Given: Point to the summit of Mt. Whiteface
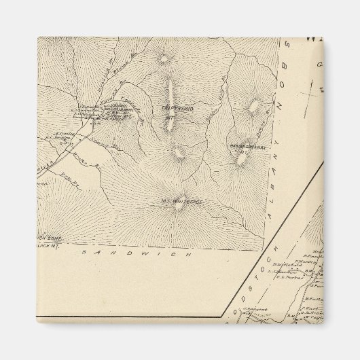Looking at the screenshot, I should (179, 206).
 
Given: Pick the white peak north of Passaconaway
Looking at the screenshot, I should (254, 106).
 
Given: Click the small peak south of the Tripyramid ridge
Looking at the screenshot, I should (178, 154).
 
